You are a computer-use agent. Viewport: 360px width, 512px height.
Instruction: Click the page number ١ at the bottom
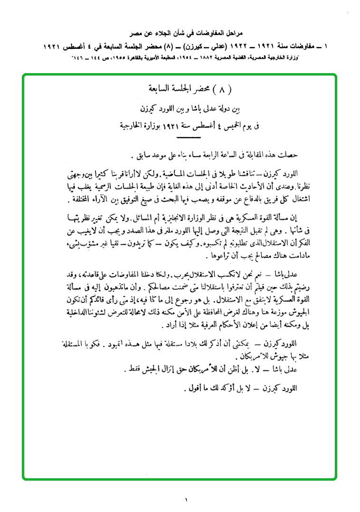coord(187,500)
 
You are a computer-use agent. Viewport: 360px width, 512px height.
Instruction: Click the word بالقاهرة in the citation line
coord(148,57)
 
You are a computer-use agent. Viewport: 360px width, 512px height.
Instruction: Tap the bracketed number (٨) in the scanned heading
coord(220,88)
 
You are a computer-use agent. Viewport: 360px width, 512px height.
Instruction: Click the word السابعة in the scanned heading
coord(156,88)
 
